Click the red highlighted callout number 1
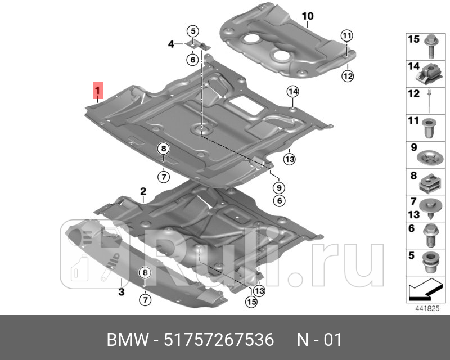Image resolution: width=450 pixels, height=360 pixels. [x=97, y=90]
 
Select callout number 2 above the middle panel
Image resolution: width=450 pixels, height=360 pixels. [x=143, y=191]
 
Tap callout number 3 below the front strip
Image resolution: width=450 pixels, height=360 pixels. [x=121, y=291]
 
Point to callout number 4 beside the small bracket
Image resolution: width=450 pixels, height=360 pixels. [x=170, y=43]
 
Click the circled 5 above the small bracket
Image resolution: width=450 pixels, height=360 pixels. [x=192, y=31]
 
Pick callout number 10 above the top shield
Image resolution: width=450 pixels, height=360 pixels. [x=308, y=16]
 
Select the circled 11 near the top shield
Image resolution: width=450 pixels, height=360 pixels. [x=347, y=36]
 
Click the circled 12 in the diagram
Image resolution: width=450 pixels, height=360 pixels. [x=347, y=75]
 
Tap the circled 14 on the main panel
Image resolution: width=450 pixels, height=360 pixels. [x=292, y=92]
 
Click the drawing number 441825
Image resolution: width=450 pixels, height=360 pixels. [x=426, y=308]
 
